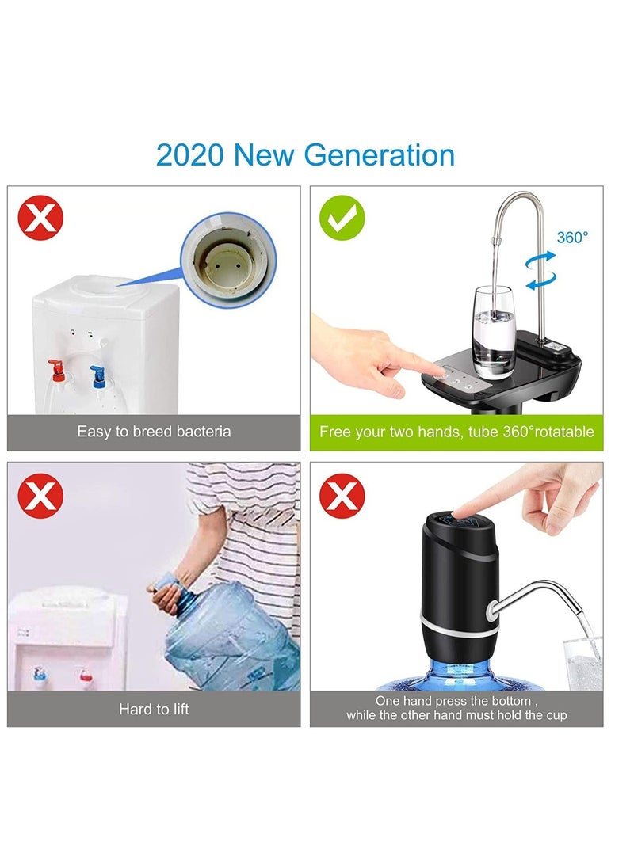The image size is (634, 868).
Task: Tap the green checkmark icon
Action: click(x=342, y=219)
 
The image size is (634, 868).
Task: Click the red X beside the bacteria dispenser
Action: click(x=40, y=219)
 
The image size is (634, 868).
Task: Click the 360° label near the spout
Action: click(x=572, y=238)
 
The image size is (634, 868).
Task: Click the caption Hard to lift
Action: click(x=154, y=709)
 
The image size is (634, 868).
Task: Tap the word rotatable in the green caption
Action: click(x=563, y=432)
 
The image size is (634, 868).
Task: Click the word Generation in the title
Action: click(x=380, y=154)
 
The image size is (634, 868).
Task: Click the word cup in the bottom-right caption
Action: click(x=556, y=715)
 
